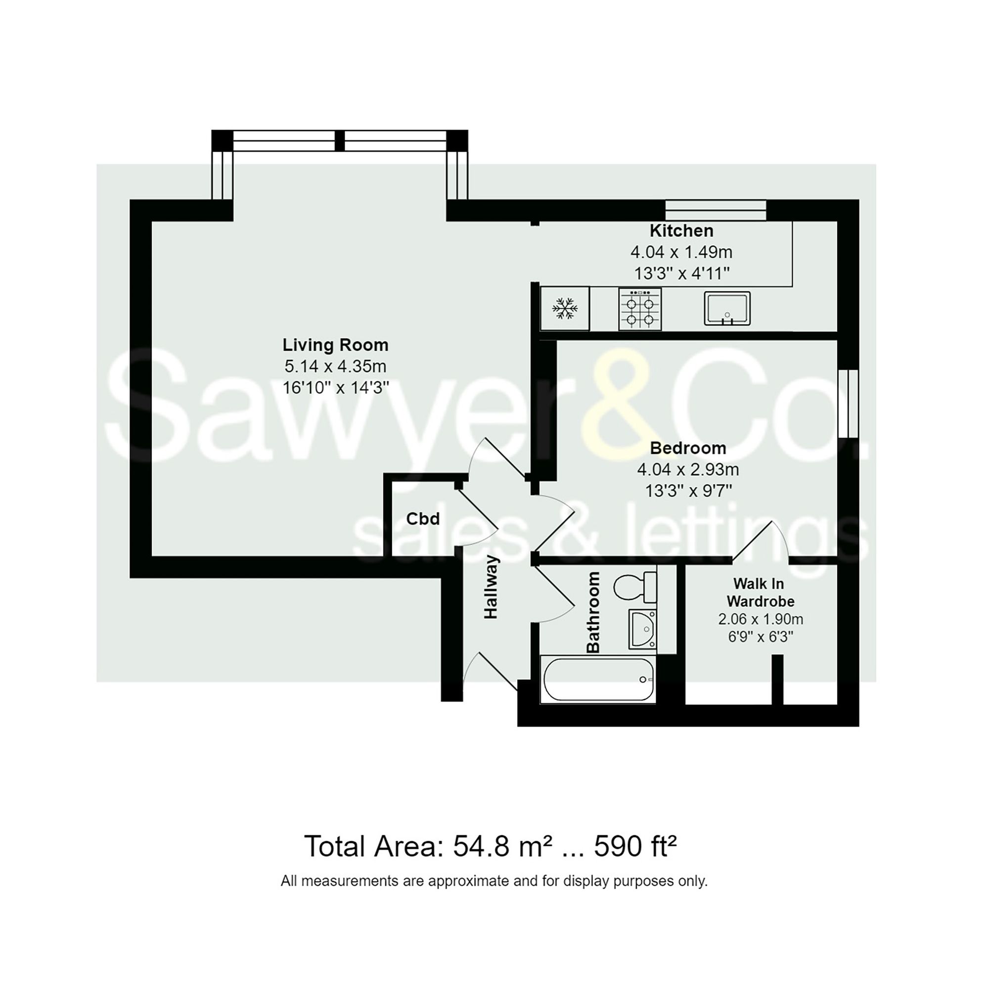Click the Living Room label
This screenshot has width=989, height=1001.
[x=335, y=345]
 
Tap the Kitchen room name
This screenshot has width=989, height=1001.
[x=681, y=230]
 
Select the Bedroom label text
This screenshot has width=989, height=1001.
[x=687, y=448]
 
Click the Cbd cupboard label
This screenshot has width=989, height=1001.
[x=423, y=519]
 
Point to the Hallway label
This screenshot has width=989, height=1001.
[x=491, y=587]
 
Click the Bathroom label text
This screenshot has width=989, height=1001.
[x=593, y=612]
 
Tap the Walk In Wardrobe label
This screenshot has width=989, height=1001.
[x=760, y=592]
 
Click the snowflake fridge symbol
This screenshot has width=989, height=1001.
[x=564, y=309]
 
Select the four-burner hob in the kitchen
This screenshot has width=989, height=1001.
[x=639, y=309]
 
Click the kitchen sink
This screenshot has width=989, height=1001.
[x=726, y=309]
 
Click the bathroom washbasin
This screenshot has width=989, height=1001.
[x=642, y=629]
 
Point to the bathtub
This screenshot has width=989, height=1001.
[x=597, y=679]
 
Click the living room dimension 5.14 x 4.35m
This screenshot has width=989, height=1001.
[x=335, y=367]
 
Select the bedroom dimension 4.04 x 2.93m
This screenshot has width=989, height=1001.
[x=687, y=470]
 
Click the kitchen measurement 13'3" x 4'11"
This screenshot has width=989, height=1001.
[x=681, y=273]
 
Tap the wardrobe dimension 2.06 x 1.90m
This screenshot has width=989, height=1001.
[x=760, y=619]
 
